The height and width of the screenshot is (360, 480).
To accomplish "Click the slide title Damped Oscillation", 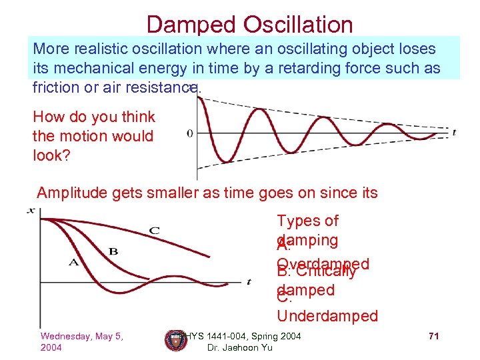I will pos(249,24).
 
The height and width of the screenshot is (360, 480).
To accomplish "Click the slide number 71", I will pos(433,336).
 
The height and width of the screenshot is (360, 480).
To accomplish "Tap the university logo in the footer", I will pos(175,340).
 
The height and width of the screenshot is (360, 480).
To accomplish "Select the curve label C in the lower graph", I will pos(154,231).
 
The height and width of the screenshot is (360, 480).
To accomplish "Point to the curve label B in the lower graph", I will pos(113,251).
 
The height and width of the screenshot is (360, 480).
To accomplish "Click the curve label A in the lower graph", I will pos(73,262).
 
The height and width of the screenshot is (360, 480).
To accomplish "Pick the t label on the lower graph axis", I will pos(248,282).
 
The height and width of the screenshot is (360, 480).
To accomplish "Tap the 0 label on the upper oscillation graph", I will pos(190,133).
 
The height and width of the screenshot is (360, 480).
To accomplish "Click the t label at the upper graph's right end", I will pos(454,132).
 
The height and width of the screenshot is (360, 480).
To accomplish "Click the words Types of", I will pos(307,221).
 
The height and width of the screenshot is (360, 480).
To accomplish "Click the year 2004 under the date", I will pos(53,348).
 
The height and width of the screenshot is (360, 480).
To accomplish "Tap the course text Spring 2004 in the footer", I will pos(273,336).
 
